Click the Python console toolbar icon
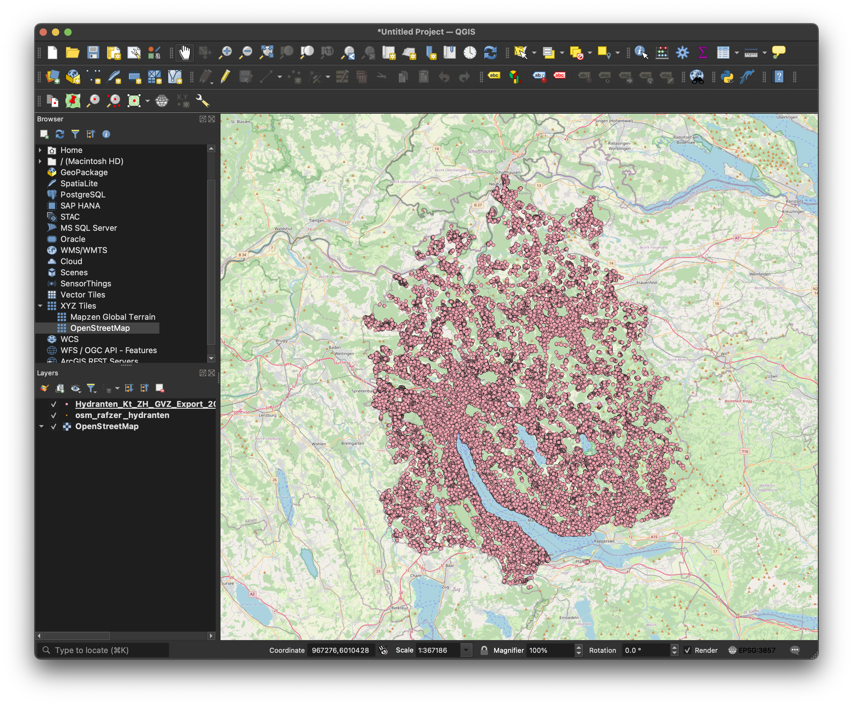click(x=727, y=77)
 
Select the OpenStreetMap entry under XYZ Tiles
click(x=100, y=328)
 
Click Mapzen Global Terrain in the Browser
click(x=112, y=317)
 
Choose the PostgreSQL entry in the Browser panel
click(x=82, y=195)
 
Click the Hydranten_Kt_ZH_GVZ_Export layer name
click(x=145, y=404)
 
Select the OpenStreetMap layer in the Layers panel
click(x=107, y=426)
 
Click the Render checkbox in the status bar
click(x=687, y=650)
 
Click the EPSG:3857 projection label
click(x=756, y=650)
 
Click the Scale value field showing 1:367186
click(x=438, y=650)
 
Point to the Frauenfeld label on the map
click(x=646, y=282)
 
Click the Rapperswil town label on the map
click(x=604, y=541)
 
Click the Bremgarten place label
click(x=352, y=443)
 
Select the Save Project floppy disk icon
click(x=93, y=53)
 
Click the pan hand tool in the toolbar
click(x=185, y=53)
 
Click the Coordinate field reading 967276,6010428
click(x=340, y=650)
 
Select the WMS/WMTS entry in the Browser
click(x=84, y=250)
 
